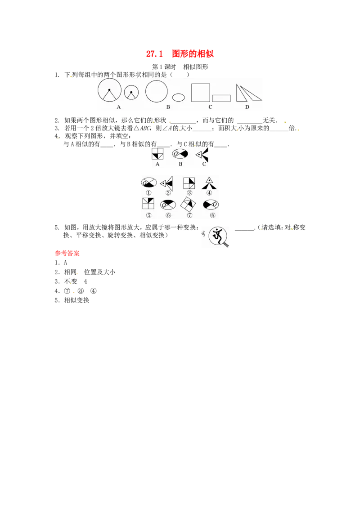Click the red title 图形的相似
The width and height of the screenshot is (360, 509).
193,54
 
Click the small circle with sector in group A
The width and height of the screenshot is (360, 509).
131,93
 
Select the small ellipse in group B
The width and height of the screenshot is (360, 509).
178,97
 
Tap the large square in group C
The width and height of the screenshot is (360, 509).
200,93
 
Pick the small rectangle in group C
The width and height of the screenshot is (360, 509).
221,98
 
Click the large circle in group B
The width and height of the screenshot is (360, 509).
157,92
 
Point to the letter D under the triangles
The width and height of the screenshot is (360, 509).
247,107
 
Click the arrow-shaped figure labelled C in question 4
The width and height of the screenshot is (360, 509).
202,155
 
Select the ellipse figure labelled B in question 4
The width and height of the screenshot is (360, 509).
180,154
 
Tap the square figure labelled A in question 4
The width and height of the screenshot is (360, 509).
157,154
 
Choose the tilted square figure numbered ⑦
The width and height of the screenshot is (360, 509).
189,204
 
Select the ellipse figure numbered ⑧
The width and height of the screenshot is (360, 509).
211,205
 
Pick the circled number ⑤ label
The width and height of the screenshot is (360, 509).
149,215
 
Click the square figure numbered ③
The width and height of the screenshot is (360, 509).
189,183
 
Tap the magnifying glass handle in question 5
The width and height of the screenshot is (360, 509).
226,244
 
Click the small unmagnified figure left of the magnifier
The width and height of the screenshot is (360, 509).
204,233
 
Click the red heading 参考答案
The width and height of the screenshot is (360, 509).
67,253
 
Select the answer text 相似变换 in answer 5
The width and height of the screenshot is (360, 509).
76,300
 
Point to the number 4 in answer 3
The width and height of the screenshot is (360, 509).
85,281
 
